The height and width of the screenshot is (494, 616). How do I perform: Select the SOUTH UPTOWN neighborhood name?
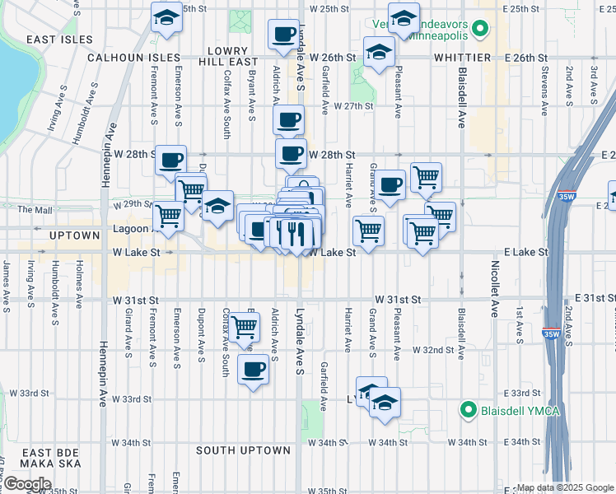(x=244, y=450)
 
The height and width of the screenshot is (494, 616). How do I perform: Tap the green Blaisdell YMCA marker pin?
(x=469, y=409)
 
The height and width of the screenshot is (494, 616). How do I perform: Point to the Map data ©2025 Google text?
(x=565, y=487)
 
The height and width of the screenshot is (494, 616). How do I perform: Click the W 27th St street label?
(x=353, y=106)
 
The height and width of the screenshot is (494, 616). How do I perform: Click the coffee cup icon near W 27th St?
(x=288, y=120)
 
